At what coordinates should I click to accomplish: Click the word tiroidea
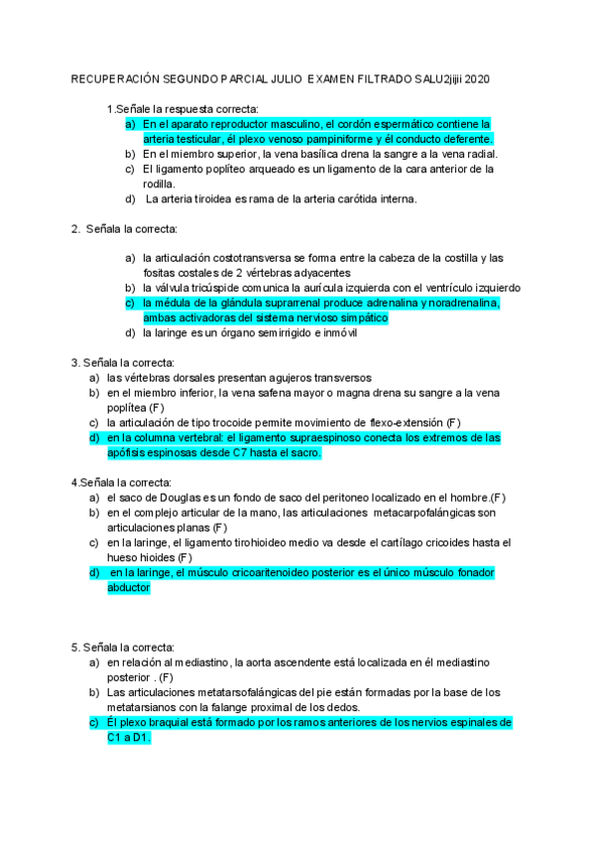(x=213, y=198)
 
